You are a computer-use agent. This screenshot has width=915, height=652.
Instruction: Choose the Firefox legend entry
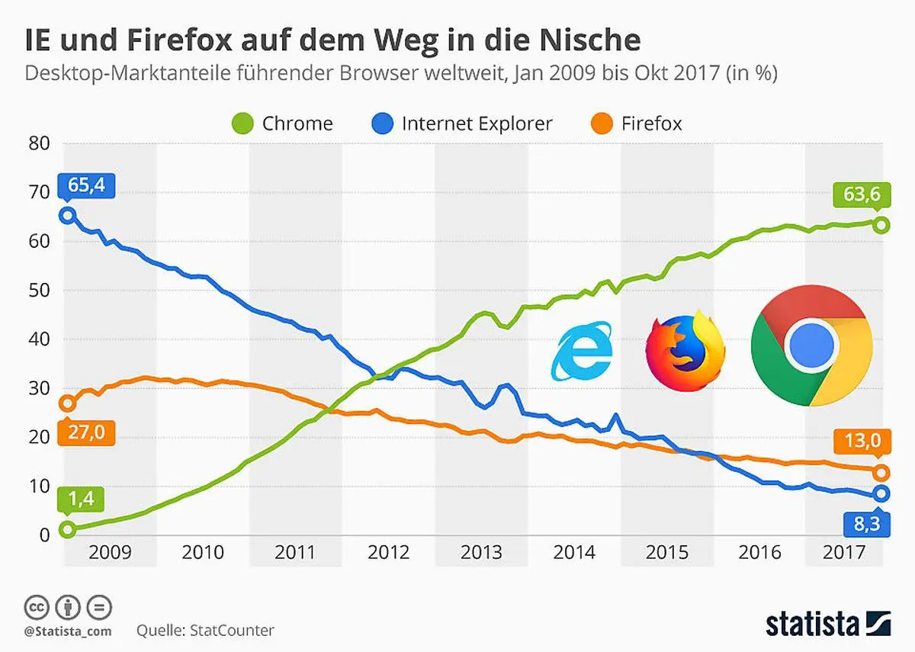pyautogui.click(x=637, y=124)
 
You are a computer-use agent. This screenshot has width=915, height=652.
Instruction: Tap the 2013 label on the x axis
pyautogui.click(x=481, y=552)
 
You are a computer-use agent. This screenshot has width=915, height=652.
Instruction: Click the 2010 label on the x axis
pyautogui.click(x=203, y=552)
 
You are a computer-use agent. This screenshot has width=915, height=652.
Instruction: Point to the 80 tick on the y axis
pyautogui.click(x=40, y=143)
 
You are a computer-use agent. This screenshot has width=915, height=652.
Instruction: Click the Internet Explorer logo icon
pyautogui.click(x=583, y=350)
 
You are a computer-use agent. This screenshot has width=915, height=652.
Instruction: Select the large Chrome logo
pyautogui.click(x=811, y=345)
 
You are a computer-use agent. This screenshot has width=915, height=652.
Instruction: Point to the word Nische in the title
pyautogui.click(x=585, y=40)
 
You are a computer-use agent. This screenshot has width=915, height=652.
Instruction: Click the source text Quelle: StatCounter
pyautogui.click(x=205, y=631)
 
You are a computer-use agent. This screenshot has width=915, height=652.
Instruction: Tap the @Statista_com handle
pyautogui.click(x=68, y=631)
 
